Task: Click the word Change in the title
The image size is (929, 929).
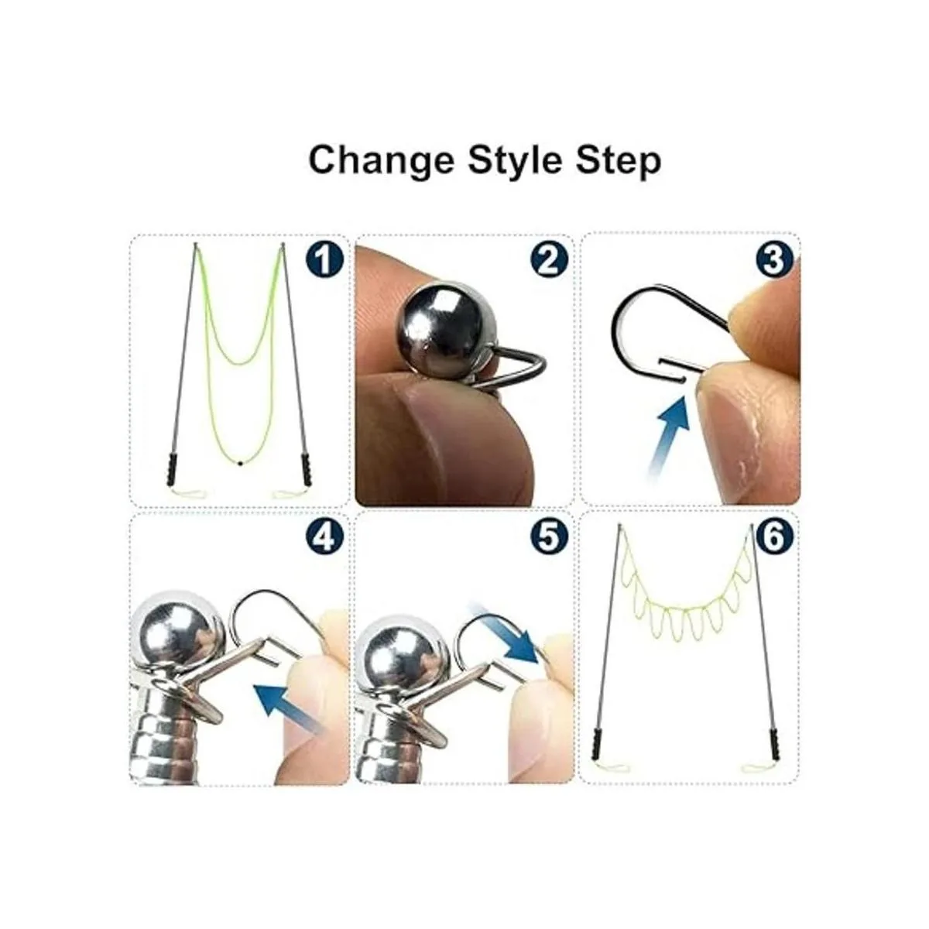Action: pos(382,161)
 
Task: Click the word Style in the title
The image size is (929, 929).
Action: pos(515,161)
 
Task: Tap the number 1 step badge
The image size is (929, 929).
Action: pos(324,261)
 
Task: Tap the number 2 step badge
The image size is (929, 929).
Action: pos(549,261)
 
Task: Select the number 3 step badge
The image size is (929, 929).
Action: pos(774,260)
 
